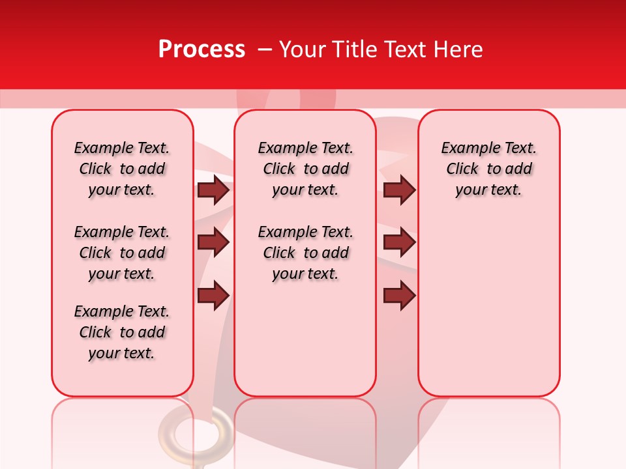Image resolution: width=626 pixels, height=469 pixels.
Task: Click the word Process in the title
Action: tap(201, 49)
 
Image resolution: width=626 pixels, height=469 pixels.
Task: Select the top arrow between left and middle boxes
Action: tap(213, 190)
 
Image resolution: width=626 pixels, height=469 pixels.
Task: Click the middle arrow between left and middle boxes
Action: tap(213, 242)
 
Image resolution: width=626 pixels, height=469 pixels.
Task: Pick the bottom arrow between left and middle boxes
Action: tap(213, 296)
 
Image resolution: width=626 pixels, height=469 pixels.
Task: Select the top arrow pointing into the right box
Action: tap(399, 190)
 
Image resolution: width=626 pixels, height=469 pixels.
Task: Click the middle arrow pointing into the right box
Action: tap(399, 242)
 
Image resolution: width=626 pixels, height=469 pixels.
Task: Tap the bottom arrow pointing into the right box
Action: tap(399, 296)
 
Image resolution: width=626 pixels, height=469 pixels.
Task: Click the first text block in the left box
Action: tap(122, 169)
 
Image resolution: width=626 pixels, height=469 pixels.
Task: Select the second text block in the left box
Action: tap(122, 253)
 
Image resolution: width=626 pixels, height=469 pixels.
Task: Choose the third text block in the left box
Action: tap(122, 332)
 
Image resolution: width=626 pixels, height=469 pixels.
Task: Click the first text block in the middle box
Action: tap(305, 169)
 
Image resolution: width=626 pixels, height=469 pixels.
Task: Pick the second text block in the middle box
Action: tap(305, 253)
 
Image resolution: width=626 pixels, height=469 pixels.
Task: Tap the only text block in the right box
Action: tap(488, 169)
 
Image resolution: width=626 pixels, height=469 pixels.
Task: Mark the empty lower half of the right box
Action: tap(488, 313)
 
